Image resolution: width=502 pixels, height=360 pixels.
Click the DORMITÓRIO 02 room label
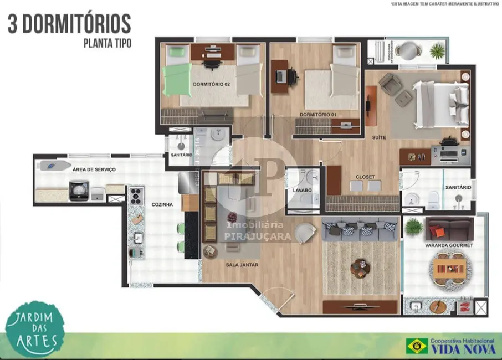[211, 85]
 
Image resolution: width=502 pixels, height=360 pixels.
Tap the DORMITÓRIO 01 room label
[317, 115]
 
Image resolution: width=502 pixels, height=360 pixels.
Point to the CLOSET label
[365, 177]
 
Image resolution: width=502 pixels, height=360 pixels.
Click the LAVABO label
[302, 190]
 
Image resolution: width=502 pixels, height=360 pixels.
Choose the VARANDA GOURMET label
[449, 245]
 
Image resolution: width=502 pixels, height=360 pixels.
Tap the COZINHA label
[162, 204]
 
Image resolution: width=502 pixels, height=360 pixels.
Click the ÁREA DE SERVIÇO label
[94, 169]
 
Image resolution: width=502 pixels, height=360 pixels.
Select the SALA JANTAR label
[242, 265]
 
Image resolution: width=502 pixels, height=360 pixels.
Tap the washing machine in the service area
[79, 191]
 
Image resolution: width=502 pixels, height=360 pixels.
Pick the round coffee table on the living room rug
[358, 269]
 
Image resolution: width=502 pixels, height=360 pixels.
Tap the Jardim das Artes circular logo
[35, 329]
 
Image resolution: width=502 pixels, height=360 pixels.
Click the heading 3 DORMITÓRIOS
[69, 23]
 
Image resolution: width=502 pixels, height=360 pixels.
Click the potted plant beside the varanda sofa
[413, 227]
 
